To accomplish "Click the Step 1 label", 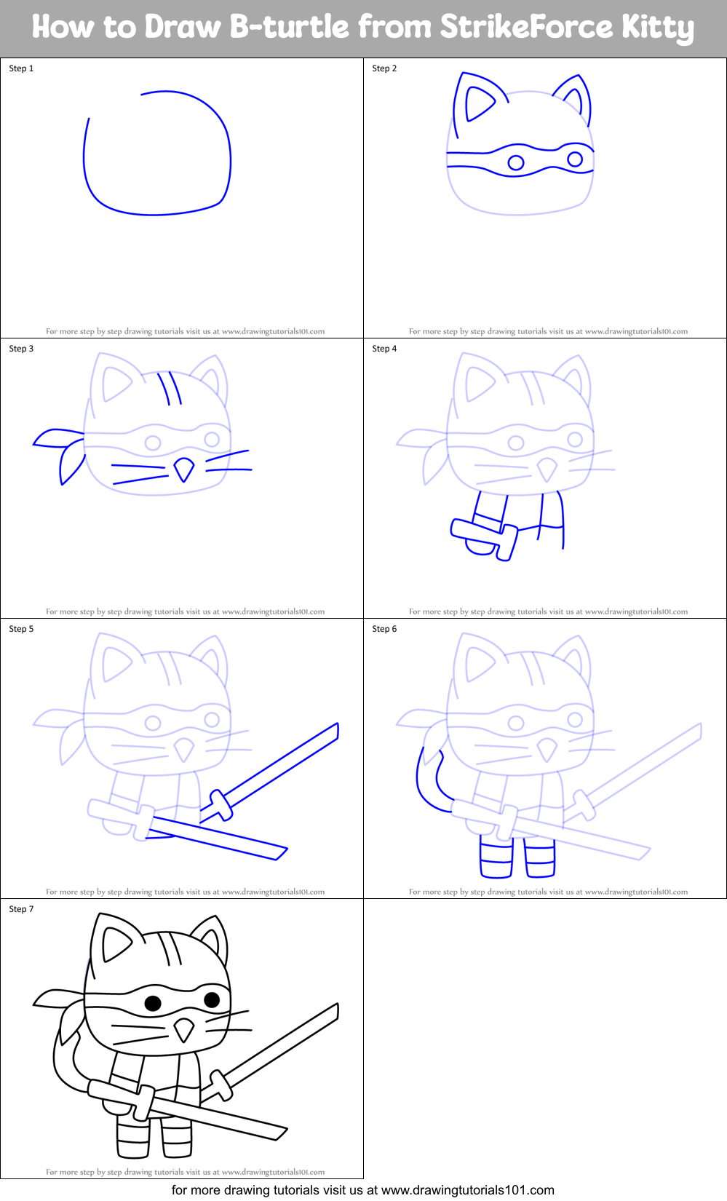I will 21,68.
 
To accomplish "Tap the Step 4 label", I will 384,349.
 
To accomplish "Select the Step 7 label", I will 21,909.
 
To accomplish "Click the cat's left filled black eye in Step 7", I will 153,1004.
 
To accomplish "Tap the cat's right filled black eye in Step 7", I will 212,999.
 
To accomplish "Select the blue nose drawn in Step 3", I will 184,469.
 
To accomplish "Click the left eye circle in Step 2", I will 516,162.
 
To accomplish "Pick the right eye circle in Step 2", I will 575,159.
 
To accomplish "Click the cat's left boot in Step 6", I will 496,859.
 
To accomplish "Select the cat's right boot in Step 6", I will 539,859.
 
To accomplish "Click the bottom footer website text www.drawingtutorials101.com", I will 467,1191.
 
